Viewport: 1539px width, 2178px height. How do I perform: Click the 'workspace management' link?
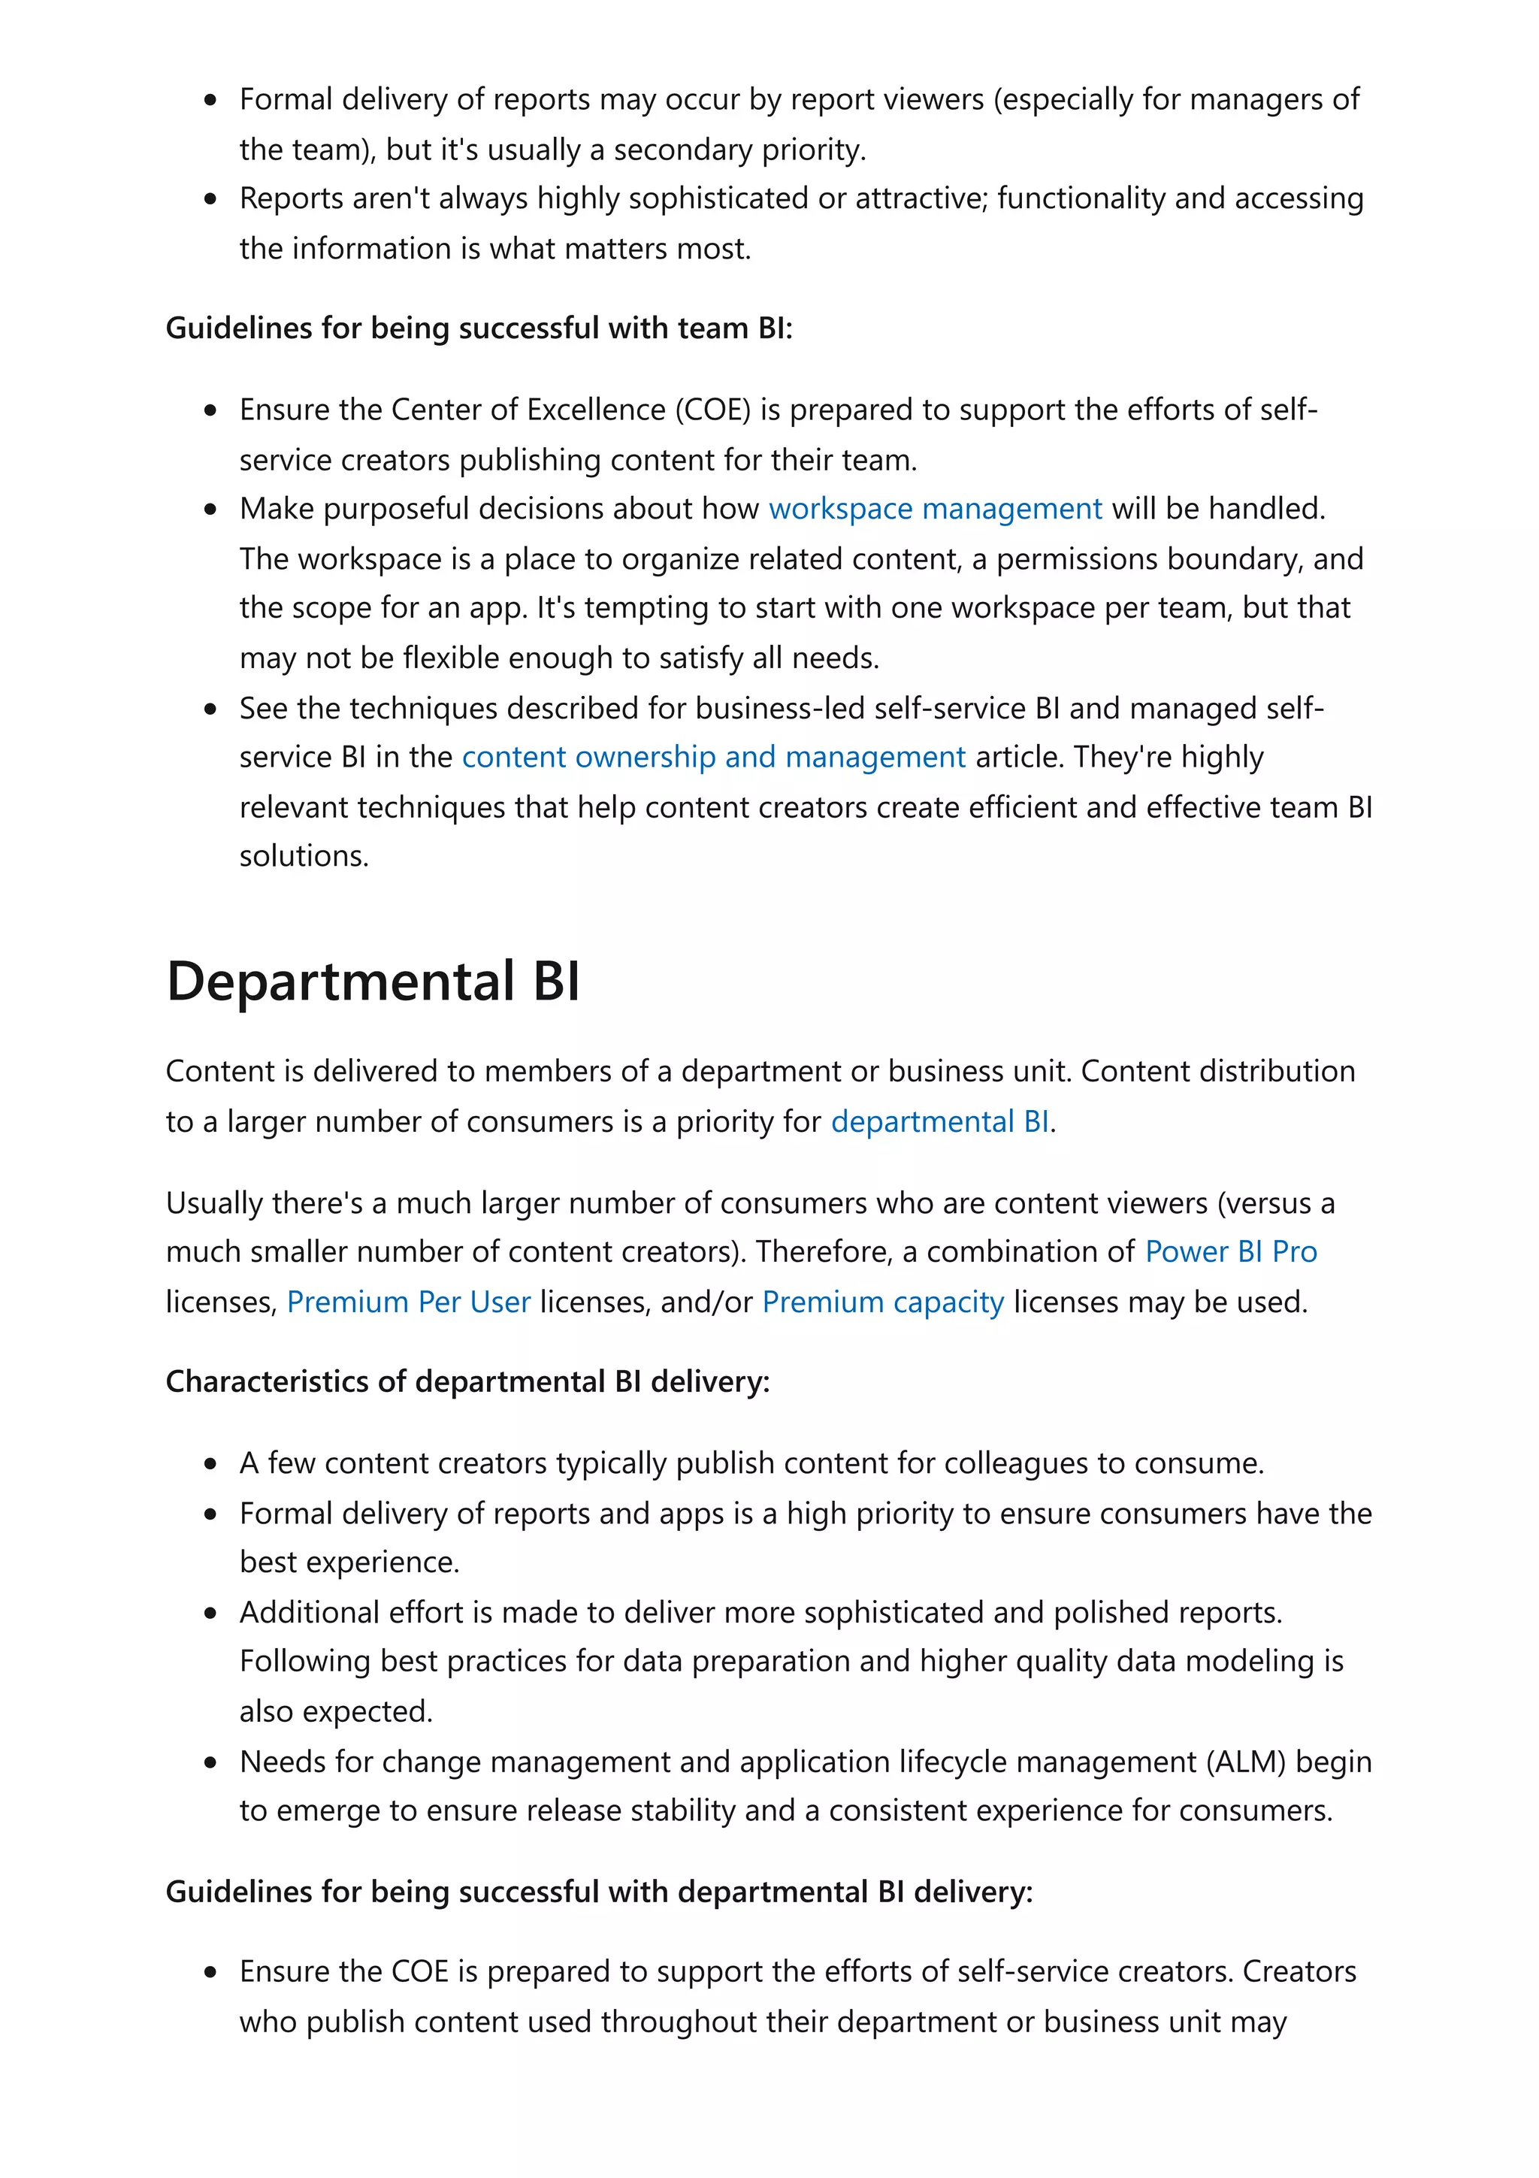click(x=934, y=510)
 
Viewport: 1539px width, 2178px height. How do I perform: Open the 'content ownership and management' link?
click(x=713, y=757)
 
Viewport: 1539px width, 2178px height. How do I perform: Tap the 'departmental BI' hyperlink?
click(x=939, y=1121)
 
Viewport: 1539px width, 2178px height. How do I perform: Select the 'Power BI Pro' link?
click(x=1230, y=1251)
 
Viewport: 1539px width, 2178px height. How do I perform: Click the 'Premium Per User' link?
click(x=408, y=1302)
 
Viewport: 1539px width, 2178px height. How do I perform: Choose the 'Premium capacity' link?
click(x=882, y=1302)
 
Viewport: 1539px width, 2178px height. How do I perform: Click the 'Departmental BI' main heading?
click(x=373, y=981)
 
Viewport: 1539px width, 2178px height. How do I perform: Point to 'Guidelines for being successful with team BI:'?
click(x=479, y=328)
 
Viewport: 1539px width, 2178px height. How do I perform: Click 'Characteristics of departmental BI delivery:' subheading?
click(x=467, y=1381)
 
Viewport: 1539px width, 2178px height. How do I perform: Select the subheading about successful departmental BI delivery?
click(x=598, y=1892)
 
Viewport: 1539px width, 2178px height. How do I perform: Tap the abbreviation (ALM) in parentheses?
click(x=1245, y=1762)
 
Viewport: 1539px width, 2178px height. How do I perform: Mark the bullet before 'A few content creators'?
click(x=210, y=1464)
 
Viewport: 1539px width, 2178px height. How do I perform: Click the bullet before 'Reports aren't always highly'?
click(x=210, y=199)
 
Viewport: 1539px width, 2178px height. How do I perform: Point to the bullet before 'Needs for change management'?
click(x=210, y=1762)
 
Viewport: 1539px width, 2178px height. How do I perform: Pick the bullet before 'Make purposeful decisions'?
click(x=210, y=510)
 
